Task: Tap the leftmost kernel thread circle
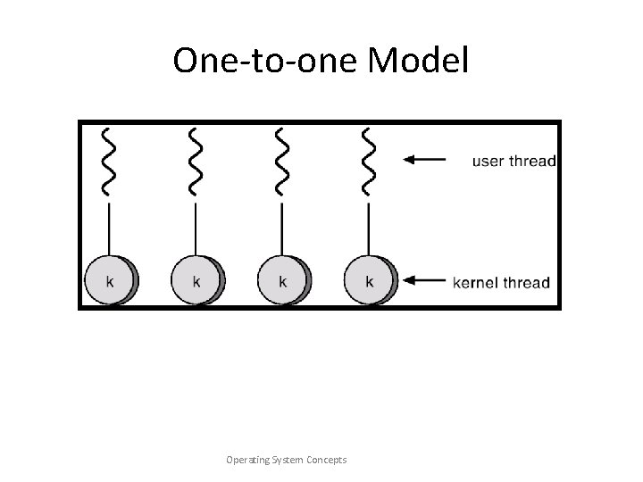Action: [110, 280]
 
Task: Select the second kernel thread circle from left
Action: [196, 280]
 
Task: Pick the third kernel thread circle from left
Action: [283, 280]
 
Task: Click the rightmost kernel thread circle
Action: [369, 280]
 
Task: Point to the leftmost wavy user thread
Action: [109, 161]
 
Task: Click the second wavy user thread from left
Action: [196, 161]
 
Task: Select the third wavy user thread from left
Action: [282, 161]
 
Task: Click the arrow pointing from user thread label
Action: [424, 161]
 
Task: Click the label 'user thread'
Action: [514, 162]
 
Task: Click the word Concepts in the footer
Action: [328, 460]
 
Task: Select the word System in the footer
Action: [289, 460]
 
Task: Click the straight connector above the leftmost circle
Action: [109, 229]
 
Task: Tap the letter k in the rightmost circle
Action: [369, 281]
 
